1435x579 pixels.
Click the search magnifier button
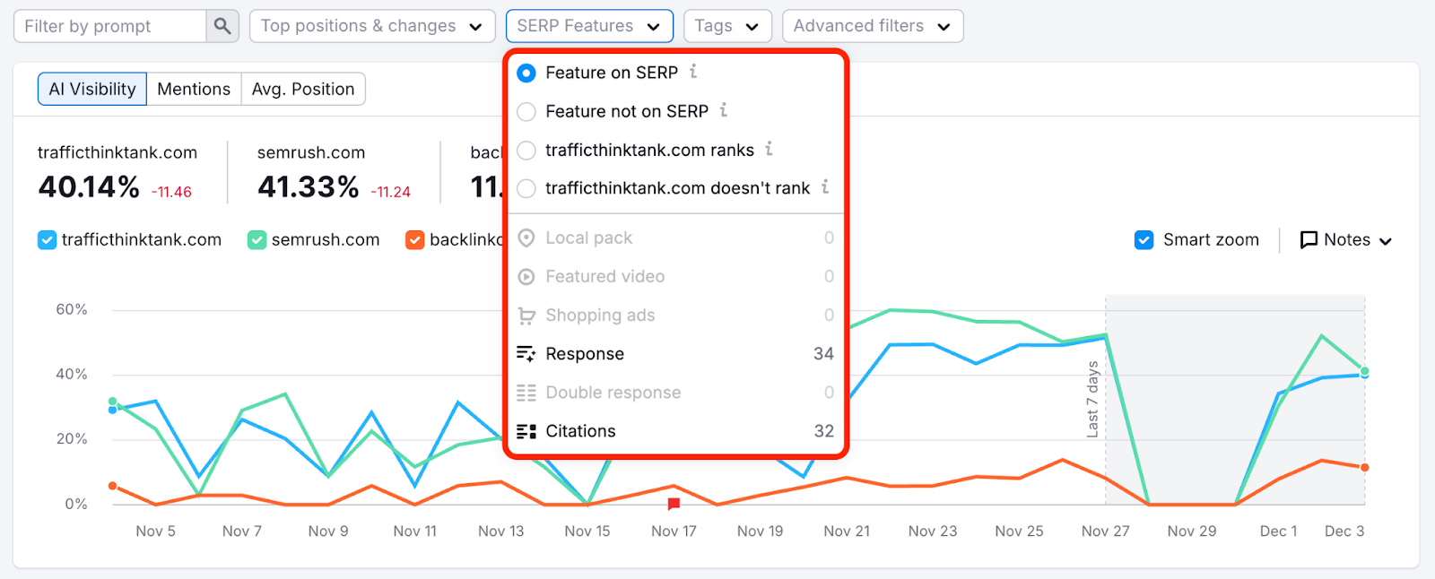[222, 26]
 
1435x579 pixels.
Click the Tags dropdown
[726, 26]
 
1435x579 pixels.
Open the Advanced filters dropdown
[872, 26]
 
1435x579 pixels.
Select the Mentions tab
[194, 89]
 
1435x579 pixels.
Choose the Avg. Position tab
[303, 89]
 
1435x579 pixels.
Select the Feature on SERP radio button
[527, 73]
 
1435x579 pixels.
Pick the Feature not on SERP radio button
[527, 111]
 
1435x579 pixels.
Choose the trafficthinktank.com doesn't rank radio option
[527, 188]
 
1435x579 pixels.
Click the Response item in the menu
[585, 354]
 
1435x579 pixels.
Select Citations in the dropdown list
[580, 431]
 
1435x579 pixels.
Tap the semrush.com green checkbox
[257, 240]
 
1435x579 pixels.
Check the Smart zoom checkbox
[1144, 240]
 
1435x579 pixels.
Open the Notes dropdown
[1346, 240]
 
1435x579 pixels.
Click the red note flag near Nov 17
[674, 505]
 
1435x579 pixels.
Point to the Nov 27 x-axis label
[1105, 531]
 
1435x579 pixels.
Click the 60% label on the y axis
[72, 310]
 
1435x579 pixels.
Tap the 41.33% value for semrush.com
[309, 187]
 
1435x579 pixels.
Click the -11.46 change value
[171, 192]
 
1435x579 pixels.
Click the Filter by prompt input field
[110, 26]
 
